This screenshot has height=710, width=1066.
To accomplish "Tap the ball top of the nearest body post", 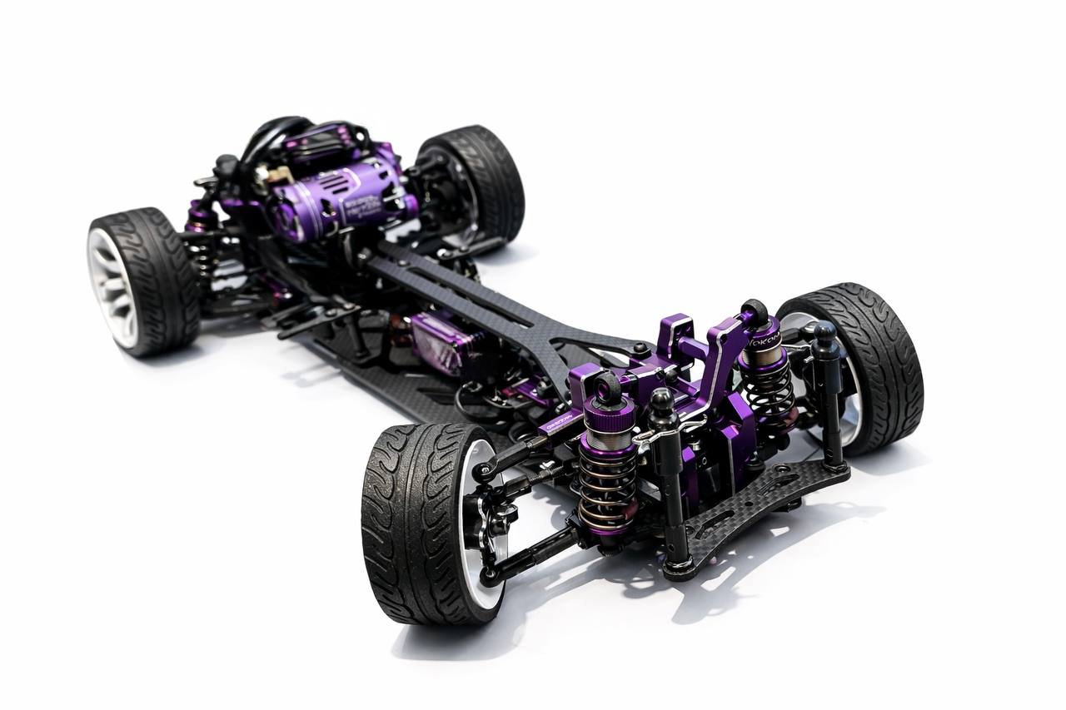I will click(x=662, y=404).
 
